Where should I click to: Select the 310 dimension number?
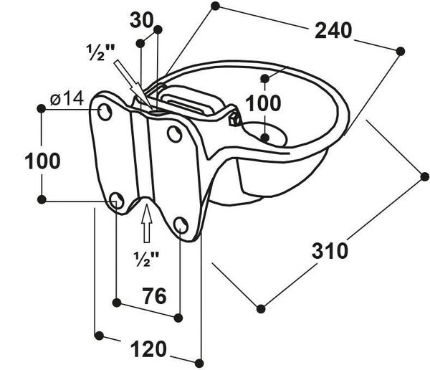330,251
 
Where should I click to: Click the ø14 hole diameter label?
68,100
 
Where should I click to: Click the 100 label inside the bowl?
264,103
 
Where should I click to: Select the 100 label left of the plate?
43,161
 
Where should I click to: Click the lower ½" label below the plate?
146,256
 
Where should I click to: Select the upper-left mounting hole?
105,112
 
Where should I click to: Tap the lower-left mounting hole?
119,201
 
